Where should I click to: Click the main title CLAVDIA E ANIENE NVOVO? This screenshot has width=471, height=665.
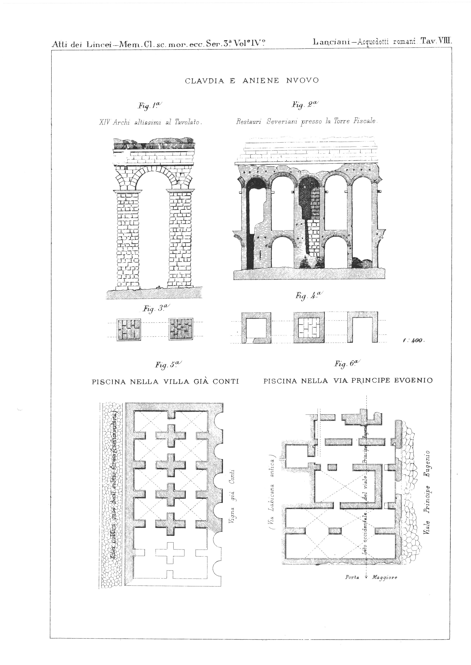point(252,81)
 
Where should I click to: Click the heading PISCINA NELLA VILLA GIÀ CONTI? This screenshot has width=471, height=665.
point(165,382)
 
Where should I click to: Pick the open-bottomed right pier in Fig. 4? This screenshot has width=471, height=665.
point(363,327)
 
